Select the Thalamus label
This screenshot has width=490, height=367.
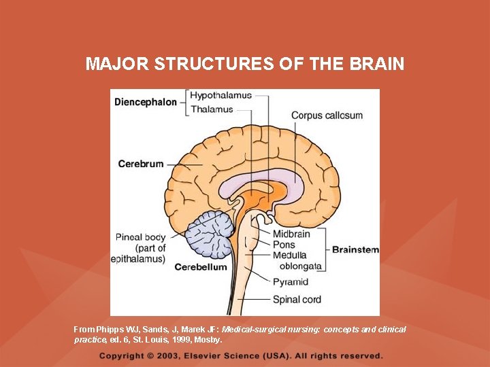(x=211, y=109)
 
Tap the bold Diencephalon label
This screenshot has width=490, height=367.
(x=146, y=102)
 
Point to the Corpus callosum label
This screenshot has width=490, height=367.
(x=327, y=116)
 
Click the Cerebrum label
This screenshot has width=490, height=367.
(x=141, y=164)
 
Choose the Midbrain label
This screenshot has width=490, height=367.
(x=291, y=234)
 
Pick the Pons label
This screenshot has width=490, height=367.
(x=284, y=244)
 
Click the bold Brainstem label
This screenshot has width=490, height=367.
(x=355, y=249)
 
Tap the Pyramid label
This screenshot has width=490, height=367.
(x=291, y=281)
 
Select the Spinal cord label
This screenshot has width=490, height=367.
(x=297, y=298)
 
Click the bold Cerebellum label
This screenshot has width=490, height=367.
(x=201, y=267)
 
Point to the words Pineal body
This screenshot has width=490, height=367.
(x=140, y=237)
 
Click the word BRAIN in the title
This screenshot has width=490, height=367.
(x=378, y=64)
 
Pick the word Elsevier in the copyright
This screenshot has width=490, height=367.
(x=219, y=355)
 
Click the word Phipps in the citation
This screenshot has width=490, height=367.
(x=112, y=329)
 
